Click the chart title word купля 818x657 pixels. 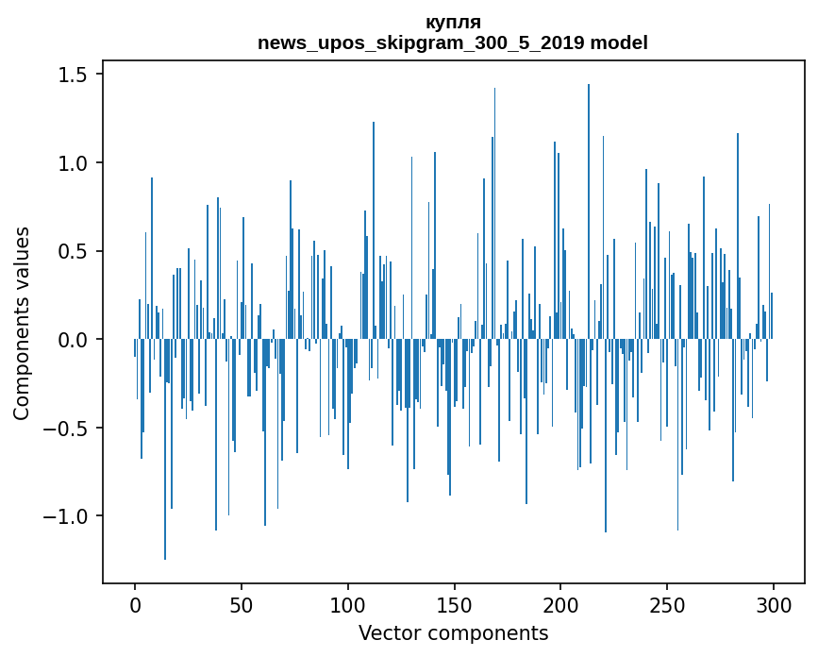click(453, 22)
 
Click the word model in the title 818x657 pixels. click(623, 43)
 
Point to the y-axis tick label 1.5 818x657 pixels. click(75, 75)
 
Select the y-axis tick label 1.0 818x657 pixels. click(75, 163)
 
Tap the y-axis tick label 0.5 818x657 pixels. click(75, 251)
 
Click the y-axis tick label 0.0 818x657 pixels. click(75, 340)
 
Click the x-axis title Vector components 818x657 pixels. click(453, 632)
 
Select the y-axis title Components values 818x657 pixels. click(22, 323)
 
